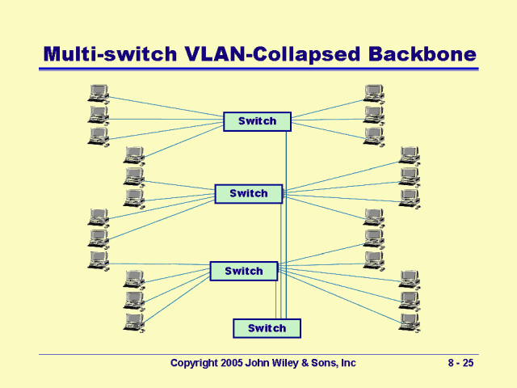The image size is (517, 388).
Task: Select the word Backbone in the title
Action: tap(422, 54)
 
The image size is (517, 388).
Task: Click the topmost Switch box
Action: tap(257, 121)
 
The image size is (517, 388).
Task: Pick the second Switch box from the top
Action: tap(248, 194)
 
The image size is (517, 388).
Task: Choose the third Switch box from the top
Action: tap(243, 271)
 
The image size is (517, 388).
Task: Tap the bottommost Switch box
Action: tap(267, 328)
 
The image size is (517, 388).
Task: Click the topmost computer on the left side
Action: tap(99, 94)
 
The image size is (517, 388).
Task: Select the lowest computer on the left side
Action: tap(134, 323)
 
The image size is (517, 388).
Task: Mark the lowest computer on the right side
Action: tap(410, 321)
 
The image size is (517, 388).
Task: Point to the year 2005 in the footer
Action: tap(233, 364)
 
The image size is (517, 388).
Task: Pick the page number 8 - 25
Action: tap(460, 364)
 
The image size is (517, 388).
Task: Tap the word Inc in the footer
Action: tap(348, 364)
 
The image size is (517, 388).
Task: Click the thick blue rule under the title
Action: tap(258, 69)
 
